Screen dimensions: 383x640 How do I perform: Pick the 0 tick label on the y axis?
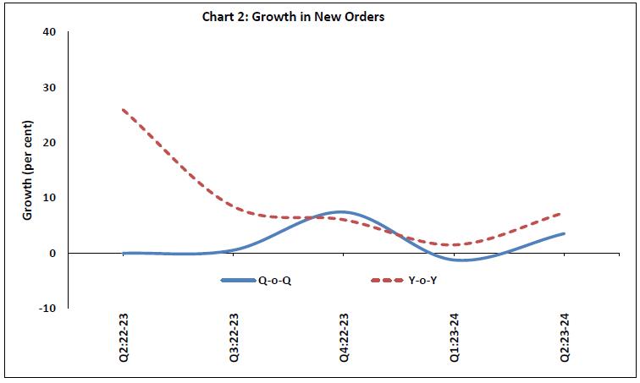point(53,253)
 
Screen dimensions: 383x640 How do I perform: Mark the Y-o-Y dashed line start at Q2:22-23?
point(124,110)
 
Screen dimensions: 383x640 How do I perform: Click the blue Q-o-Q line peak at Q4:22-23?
point(339,211)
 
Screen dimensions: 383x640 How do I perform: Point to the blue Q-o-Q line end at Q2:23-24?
point(564,233)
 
